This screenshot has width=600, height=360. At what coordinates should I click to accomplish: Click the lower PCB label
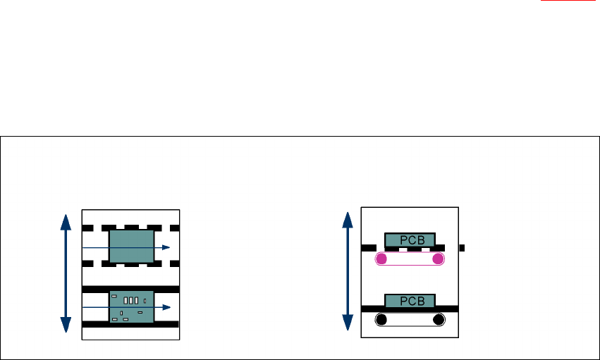coord(410,301)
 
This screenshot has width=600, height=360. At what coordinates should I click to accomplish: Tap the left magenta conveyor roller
coord(381,259)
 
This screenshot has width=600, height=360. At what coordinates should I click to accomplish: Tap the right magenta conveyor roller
coord(438,259)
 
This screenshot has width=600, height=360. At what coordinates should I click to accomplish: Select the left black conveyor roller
coord(381,320)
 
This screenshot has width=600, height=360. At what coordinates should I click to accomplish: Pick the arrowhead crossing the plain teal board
coord(166,247)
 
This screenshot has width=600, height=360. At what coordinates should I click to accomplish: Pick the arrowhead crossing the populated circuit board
coord(166,308)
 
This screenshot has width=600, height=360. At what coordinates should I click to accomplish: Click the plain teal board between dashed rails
coord(131,247)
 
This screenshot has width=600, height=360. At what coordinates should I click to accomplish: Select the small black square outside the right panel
coord(462,248)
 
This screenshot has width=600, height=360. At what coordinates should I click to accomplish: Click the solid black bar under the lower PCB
coord(410,309)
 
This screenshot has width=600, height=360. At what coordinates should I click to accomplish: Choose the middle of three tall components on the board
coord(131,301)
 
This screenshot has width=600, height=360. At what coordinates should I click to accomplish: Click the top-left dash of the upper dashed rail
coord(87,228)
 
